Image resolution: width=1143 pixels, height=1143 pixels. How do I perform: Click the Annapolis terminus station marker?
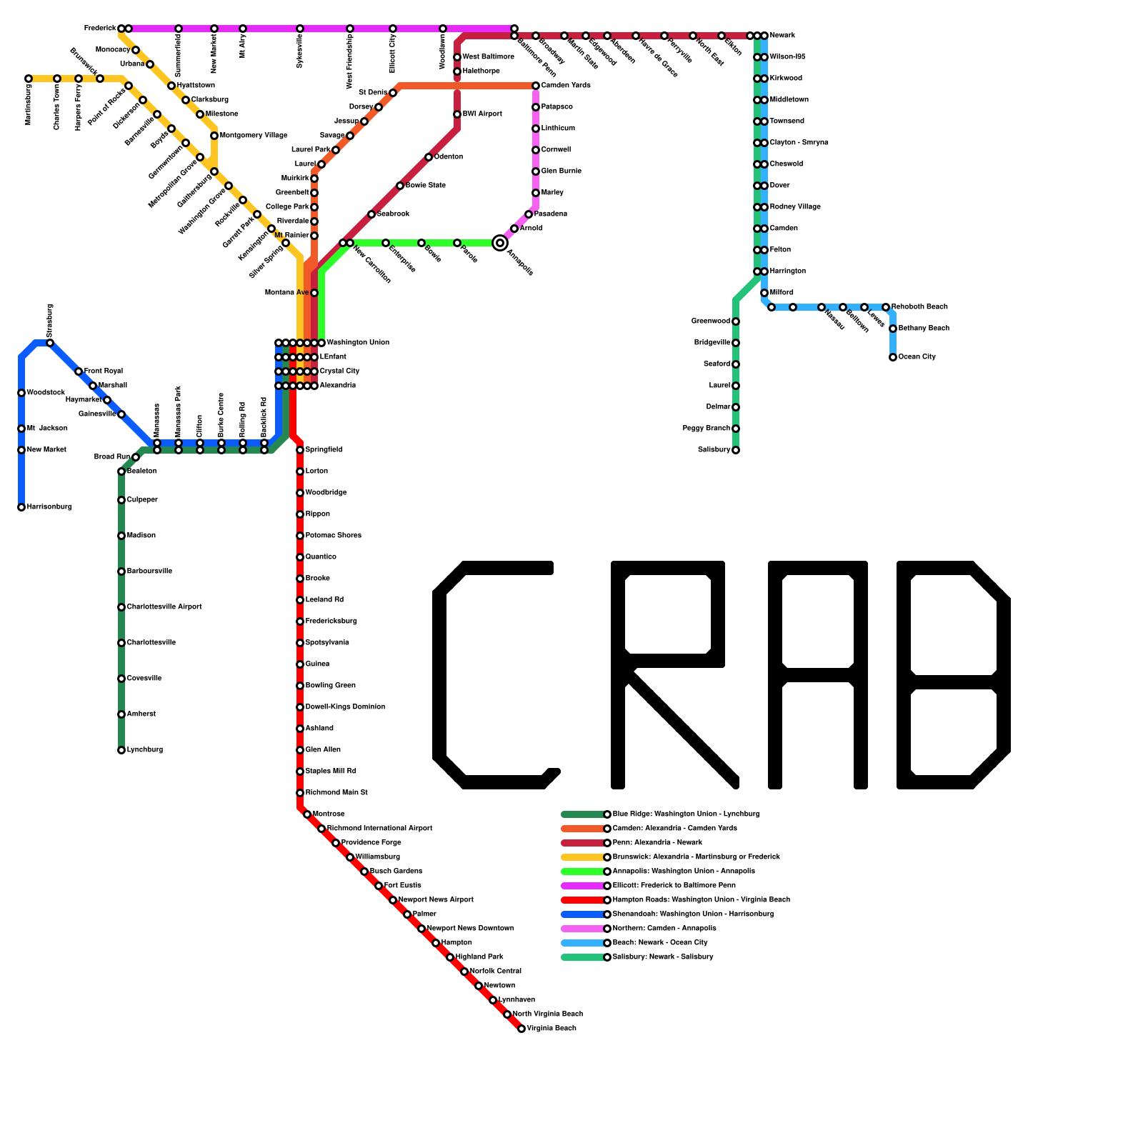(x=500, y=243)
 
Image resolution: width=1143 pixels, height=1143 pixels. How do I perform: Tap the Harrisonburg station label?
(x=49, y=507)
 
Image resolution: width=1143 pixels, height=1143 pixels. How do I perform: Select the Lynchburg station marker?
(x=121, y=750)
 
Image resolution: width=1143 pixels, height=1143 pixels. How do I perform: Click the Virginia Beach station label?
(x=551, y=1029)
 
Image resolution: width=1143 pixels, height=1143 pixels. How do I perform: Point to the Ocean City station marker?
(x=893, y=357)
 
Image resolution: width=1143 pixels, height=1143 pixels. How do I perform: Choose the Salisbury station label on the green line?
(x=714, y=450)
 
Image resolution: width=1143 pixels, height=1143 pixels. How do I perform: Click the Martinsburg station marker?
(x=29, y=79)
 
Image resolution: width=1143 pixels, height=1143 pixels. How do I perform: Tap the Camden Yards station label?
(x=566, y=86)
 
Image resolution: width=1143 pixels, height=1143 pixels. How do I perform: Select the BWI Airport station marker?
(x=457, y=114)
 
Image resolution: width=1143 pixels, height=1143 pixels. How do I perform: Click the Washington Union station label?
(x=358, y=343)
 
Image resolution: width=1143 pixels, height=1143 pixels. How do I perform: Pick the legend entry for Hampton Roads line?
(x=701, y=900)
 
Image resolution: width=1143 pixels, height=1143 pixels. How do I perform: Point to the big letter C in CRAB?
(x=493, y=675)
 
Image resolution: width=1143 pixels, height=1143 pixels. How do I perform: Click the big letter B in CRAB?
(x=954, y=675)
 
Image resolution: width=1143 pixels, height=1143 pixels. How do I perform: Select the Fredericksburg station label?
(x=331, y=622)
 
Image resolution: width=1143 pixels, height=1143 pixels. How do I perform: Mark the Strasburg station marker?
(x=50, y=343)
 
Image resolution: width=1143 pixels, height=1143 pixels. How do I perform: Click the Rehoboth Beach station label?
(x=919, y=307)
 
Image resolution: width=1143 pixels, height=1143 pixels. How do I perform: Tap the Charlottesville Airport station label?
(x=164, y=607)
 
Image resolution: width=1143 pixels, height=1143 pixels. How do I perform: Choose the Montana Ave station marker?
(x=314, y=293)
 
